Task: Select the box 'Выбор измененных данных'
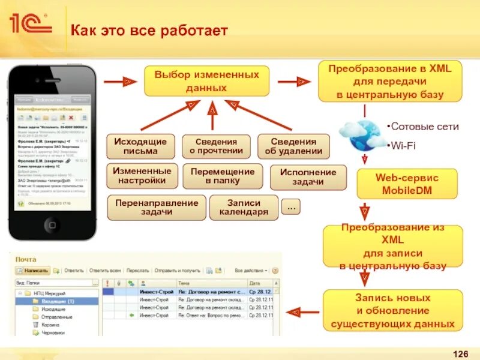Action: (206, 81)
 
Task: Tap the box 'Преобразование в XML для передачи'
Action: (390, 81)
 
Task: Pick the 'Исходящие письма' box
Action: (140, 146)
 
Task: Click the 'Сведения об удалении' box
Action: (294, 146)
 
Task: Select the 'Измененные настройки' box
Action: (142, 175)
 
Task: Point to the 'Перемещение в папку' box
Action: (223, 175)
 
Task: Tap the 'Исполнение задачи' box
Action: (308, 176)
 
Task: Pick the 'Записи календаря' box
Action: (244, 207)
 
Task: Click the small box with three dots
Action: (292, 206)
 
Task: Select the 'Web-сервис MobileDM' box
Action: (407, 184)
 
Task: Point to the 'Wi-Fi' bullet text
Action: (403, 145)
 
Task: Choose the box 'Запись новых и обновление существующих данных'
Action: (393, 310)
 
